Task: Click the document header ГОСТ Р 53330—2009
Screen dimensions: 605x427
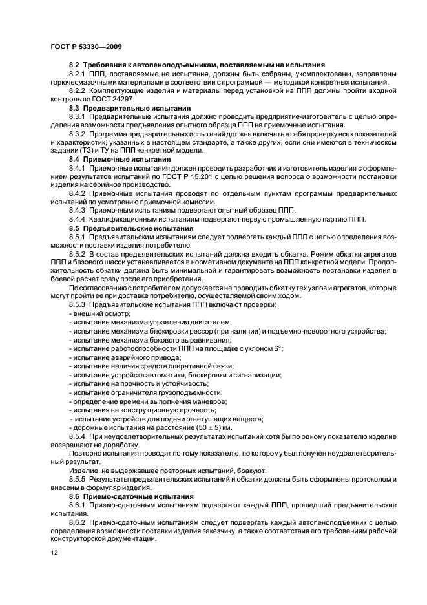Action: [x=85, y=46]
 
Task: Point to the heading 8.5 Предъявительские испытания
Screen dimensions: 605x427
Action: [x=131, y=228]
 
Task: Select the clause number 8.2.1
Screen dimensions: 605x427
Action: [x=78, y=74]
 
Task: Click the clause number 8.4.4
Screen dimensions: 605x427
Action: [x=78, y=219]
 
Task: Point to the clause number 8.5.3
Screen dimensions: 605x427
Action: [x=78, y=304]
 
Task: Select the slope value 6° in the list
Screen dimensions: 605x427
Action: [x=278, y=348]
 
